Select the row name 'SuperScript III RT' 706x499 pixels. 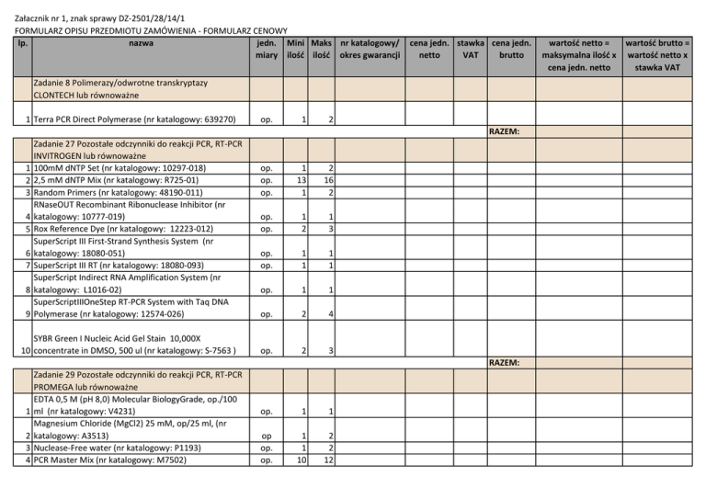[x=119, y=266]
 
